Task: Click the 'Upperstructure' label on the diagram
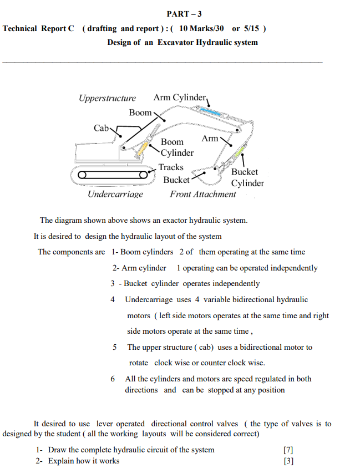(107, 98)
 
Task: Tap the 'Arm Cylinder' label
(179, 98)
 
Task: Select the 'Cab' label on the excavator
(102, 128)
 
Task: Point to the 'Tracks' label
(171, 167)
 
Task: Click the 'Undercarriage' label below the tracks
(115, 194)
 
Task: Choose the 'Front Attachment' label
(202, 194)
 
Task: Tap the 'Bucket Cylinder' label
(247, 177)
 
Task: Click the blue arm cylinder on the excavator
(210, 112)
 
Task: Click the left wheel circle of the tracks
(82, 175)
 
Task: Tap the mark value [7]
(287, 450)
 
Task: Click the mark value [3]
(287, 461)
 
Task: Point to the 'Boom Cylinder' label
(176, 147)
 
